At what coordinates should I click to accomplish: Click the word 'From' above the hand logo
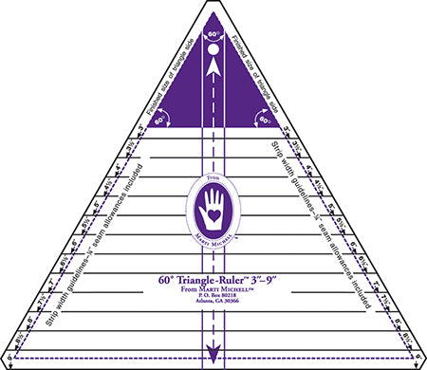[213, 176]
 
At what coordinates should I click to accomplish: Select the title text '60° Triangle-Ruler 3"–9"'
[213, 280]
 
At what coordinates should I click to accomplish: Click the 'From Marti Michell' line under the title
[213, 290]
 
